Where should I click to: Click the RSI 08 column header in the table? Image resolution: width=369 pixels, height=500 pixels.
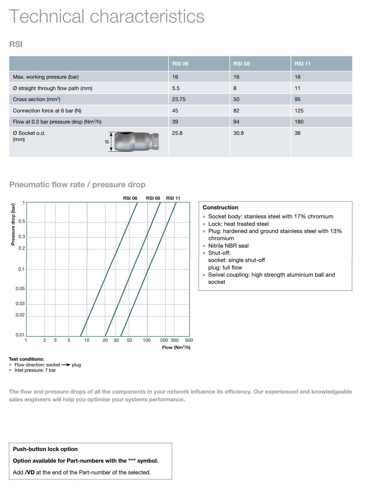[241, 64]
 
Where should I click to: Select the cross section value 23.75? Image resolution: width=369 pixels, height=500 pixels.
[179, 99]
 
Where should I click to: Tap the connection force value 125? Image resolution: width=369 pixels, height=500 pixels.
[299, 111]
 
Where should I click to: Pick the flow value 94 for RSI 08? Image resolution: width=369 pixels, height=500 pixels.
[236, 122]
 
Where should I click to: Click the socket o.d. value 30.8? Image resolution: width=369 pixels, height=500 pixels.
[238, 133]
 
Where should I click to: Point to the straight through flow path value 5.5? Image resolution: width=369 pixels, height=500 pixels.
[176, 88]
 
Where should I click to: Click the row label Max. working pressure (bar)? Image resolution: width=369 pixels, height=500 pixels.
[46, 77]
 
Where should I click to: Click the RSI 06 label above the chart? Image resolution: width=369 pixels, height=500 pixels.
[130, 198]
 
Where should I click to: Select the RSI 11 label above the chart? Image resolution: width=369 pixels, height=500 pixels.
[173, 198]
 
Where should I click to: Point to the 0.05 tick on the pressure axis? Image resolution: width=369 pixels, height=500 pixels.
[20, 289]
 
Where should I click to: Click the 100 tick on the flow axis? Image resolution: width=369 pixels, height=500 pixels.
[147, 340]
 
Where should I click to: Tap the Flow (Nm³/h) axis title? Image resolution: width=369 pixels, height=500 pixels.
[176, 347]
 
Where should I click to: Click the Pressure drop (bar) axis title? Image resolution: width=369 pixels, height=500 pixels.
[13, 224]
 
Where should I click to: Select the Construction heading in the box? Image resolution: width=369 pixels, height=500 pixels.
[220, 208]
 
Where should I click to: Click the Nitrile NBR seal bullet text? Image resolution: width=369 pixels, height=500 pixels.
[228, 246]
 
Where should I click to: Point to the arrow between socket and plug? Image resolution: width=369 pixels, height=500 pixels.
[66, 365]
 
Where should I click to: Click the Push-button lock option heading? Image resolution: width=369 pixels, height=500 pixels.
[45, 449]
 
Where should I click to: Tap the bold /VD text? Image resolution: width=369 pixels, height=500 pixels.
[30, 472]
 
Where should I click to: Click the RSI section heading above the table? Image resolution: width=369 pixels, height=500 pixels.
[16, 44]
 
